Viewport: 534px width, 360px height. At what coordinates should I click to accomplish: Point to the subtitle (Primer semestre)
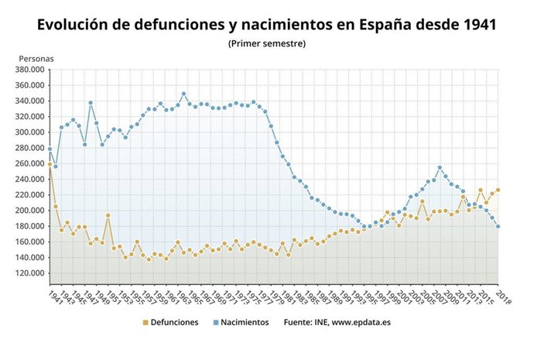pyautogui.click(x=267, y=43)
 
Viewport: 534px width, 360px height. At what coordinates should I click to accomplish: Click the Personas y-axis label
pyautogui.click(x=36, y=58)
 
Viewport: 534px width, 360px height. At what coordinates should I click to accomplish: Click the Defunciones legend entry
pyautogui.click(x=170, y=322)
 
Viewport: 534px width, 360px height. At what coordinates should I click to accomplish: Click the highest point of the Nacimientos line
pyautogui.click(x=183, y=94)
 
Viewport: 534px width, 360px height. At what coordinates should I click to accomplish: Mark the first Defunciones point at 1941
pyautogui.click(x=50, y=164)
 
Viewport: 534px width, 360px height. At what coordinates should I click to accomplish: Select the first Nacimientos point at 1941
pyautogui.click(x=50, y=149)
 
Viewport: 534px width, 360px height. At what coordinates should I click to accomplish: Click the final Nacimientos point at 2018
pyautogui.click(x=498, y=226)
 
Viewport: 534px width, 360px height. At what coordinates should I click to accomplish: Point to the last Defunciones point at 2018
pyautogui.click(x=498, y=190)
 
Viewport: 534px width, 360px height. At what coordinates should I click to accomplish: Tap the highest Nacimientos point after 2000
pyautogui.click(x=440, y=168)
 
